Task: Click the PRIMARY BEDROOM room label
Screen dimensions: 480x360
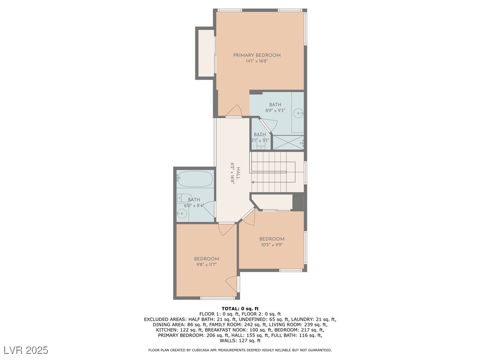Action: coord(257,55)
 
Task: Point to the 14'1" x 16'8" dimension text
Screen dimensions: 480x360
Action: coord(257,61)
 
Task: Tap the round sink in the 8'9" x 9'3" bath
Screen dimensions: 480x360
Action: coord(298,113)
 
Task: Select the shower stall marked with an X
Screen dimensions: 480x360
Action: coord(288,142)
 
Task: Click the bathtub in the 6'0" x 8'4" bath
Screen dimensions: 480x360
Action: coord(195,179)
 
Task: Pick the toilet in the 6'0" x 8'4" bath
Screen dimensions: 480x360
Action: coord(184,198)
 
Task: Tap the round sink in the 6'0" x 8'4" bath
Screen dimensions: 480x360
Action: coord(182,213)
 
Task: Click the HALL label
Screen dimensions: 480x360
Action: coord(238,173)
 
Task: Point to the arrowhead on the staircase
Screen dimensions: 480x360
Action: coord(253,182)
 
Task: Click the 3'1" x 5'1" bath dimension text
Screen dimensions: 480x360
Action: coord(260,141)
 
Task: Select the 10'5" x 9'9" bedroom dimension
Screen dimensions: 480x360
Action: coord(272,245)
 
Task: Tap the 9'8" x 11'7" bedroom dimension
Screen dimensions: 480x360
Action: coord(207,265)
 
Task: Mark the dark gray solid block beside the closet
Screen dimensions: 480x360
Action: coord(298,202)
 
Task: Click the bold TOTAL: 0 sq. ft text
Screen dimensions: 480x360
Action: coord(240,308)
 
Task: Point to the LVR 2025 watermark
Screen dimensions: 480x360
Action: coord(26,350)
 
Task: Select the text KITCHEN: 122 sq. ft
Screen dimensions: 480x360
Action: coord(179,330)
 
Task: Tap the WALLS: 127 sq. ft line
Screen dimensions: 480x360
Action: coord(240,340)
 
